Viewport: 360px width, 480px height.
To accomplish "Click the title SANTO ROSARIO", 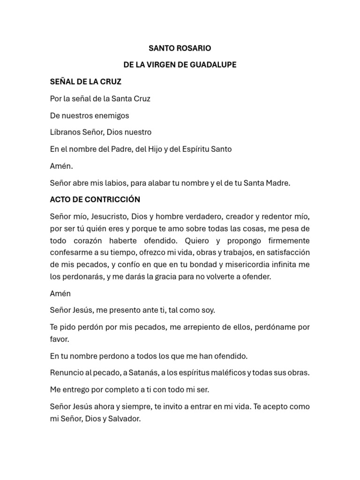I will [x=180, y=48].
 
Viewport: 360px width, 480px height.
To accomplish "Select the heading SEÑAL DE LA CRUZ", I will [x=86, y=82].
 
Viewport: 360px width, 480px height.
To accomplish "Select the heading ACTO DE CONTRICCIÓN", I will [x=95, y=200].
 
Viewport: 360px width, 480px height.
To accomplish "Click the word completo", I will [x=122, y=390].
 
